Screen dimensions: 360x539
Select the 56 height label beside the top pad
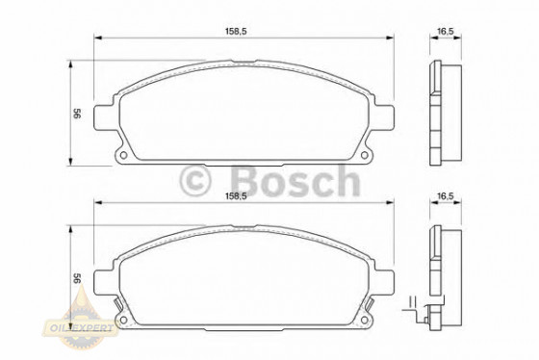coord(75,113)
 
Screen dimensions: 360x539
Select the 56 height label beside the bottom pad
coord(75,278)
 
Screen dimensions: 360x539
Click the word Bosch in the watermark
coord(292,180)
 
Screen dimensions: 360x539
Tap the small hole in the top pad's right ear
coord(371,154)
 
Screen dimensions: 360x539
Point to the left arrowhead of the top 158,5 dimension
coord(97,39)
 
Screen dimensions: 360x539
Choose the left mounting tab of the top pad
coord(105,116)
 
